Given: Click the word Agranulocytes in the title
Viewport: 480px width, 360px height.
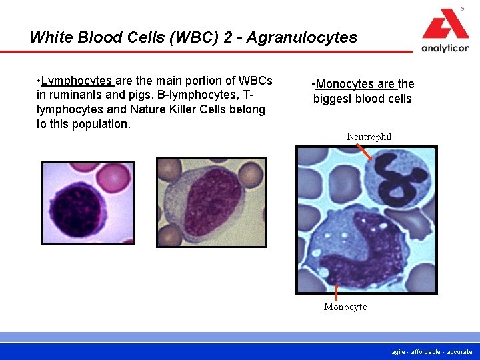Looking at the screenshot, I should click(x=301, y=37).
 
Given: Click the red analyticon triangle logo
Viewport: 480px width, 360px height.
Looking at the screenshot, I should click(x=445, y=25).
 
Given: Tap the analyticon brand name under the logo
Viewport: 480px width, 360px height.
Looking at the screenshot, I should click(x=445, y=49).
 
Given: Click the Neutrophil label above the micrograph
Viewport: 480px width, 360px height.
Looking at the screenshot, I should click(x=369, y=137).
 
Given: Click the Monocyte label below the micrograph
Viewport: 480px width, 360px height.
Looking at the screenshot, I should click(x=345, y=307).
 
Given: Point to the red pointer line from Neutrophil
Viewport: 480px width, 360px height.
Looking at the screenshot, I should click(x=365, y=153).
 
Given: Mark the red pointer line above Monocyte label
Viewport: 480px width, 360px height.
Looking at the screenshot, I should click(x=336, y=292).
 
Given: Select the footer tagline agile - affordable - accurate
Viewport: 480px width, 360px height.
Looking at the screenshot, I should click(x=432, y=351).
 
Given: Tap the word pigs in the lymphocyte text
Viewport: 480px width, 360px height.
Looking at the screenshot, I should click(x=133, y=95).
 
